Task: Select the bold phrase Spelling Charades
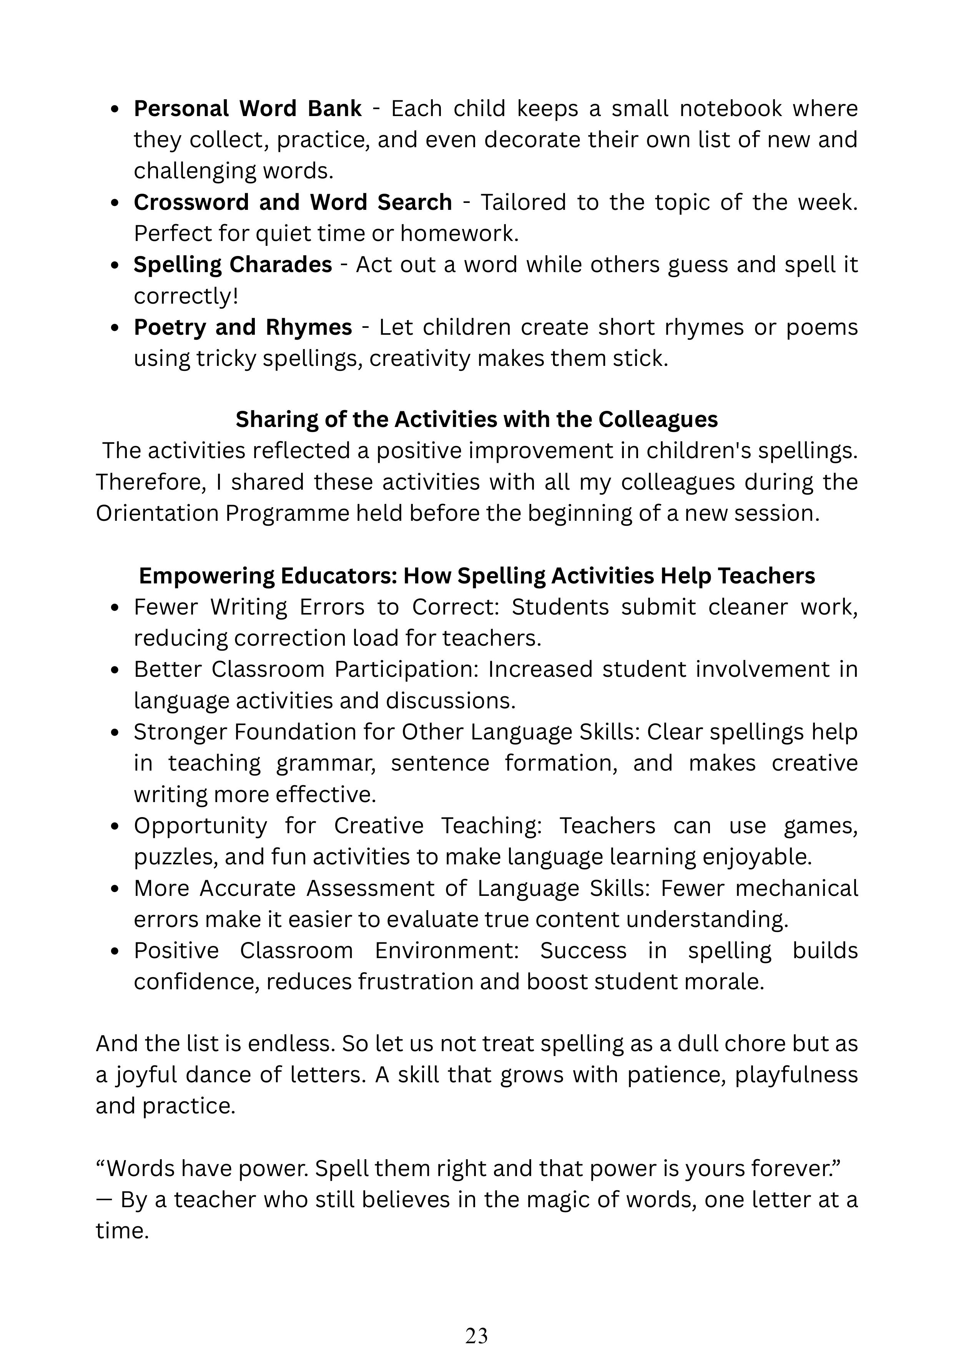233,265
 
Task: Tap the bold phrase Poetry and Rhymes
243,327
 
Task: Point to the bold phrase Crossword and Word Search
293,203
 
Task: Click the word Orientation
157,513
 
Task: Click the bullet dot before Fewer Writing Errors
115,608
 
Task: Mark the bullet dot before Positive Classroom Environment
115,951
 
